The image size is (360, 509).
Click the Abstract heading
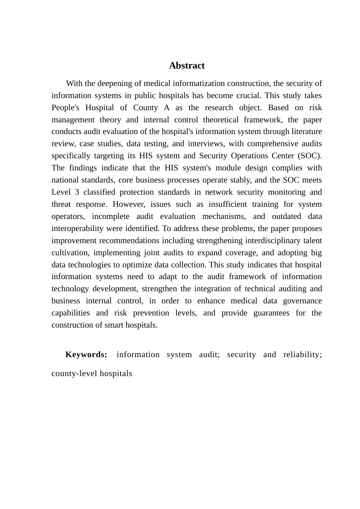(187, 66)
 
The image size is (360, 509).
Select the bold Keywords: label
(86, 354)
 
